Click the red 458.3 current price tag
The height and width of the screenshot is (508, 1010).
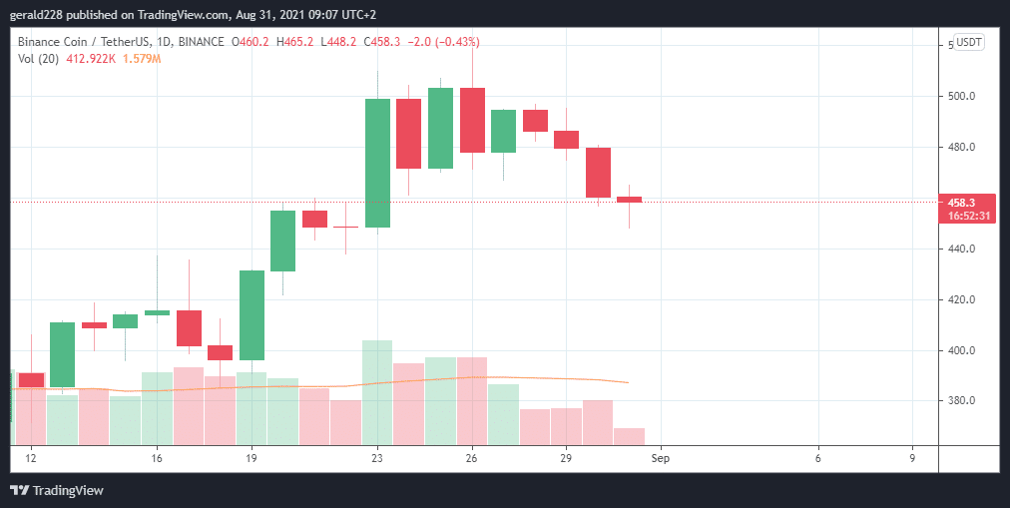click(967, 202)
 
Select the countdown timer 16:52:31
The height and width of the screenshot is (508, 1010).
click(967, 216)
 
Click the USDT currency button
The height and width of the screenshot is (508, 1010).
click(969, 42)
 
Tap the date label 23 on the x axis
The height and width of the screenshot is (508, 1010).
click(377, 458)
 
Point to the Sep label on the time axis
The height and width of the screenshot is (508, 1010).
click(660, 458)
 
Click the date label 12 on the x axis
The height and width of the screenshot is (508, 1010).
click(31, 458)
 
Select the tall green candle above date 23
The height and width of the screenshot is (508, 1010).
click(377, 163)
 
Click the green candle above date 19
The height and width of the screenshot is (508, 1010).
click(252, 314)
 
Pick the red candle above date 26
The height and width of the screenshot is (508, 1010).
click(472, 120)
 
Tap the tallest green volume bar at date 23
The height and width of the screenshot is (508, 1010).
click(377, 391)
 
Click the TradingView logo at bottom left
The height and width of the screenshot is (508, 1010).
click(57, 490)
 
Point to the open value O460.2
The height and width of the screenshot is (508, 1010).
click(251, 42)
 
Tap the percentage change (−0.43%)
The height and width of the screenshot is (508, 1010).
click(450, 42)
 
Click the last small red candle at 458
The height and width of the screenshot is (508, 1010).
click(629, 200)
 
